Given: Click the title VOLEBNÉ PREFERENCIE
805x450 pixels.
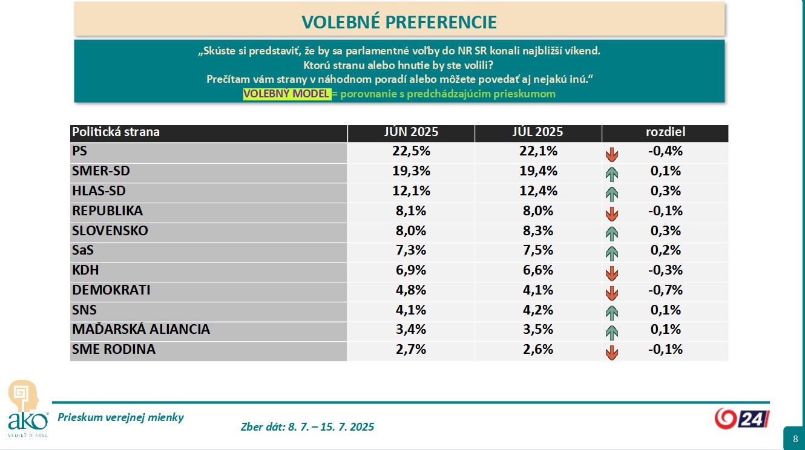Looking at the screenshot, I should pyautogui.click(x=399, y=22).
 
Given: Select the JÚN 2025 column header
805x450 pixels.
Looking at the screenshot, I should pyautogui.click(x=411, y=132).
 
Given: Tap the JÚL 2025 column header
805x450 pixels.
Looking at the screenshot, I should pyautogui.click(x=538, y=132).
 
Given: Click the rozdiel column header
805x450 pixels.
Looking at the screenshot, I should pyautogui.click(x=665, y=132).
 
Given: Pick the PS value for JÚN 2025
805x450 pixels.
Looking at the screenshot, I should pyautogui.click(x=411, y=151).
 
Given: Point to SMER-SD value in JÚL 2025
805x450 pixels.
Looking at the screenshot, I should pyautogui.click(x=538, y=171).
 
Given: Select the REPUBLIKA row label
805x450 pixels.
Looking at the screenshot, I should pyautogui.click(x=107, y=210).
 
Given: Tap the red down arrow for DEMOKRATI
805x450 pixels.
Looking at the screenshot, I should pyautogui.click(x=612, y=293).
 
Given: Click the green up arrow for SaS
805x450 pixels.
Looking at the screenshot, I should pyautogui.click(x=612, y=253).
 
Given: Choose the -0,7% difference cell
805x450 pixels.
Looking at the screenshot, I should pyautogui.click(x=665, y=290).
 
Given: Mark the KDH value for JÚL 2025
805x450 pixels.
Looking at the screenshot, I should pyautogui.click(x=538, y=270).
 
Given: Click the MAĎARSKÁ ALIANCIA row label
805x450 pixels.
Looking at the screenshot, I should pyautogui.click(x=141, y=329).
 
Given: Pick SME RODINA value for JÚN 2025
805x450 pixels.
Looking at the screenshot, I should pyautogui.click(x=411, y=349).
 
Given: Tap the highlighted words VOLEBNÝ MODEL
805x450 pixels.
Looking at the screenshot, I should pyautogui.click(x=286, y=94).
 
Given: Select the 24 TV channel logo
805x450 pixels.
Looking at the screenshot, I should pyautogui.click(x=741, y=418).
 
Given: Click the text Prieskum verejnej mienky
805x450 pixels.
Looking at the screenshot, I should pyautogui.click(x=120, y=417).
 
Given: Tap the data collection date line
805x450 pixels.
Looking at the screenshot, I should pyautogui.click(x=307, y=427).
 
